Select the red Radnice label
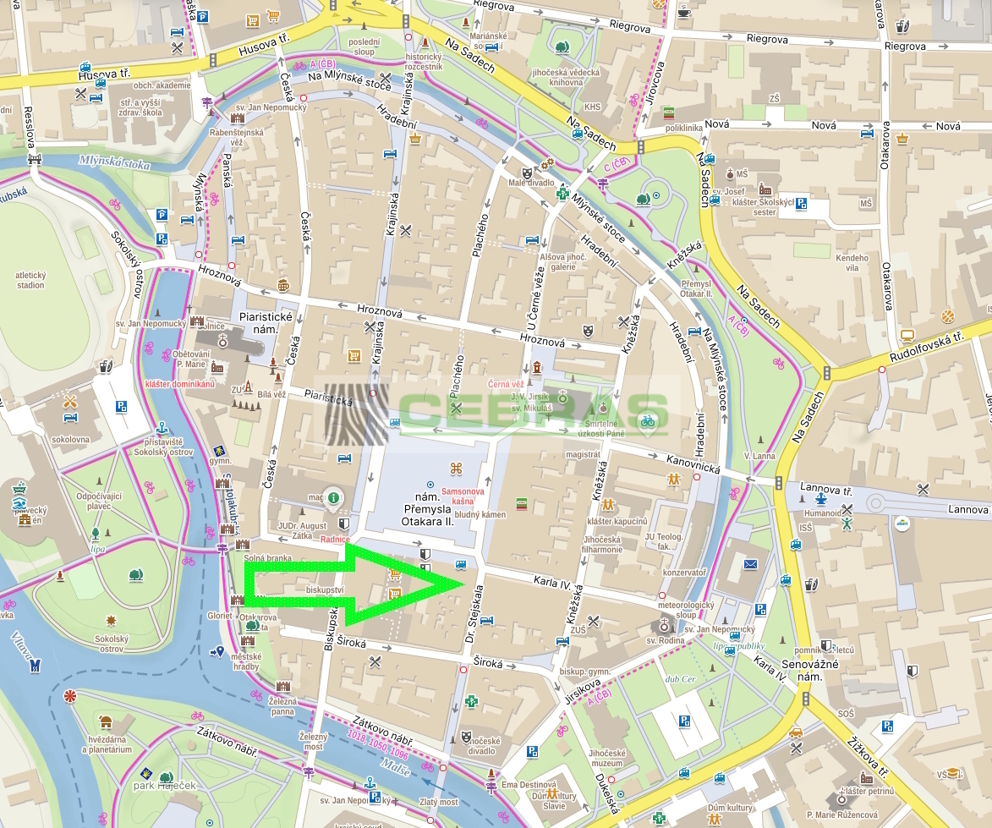tap(335, 540)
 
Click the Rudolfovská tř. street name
tap(922, 348)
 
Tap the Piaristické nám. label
tap(266, 322)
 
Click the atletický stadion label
tap(30, 280)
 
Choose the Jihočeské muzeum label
tap(607, 758)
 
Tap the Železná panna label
tap(282, 706)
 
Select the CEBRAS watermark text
tap(533, 412)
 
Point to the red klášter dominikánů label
tap(180, 384)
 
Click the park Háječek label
tap(164, 786)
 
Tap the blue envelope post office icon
tap(749, 564)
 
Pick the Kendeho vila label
tap(851, 263)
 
